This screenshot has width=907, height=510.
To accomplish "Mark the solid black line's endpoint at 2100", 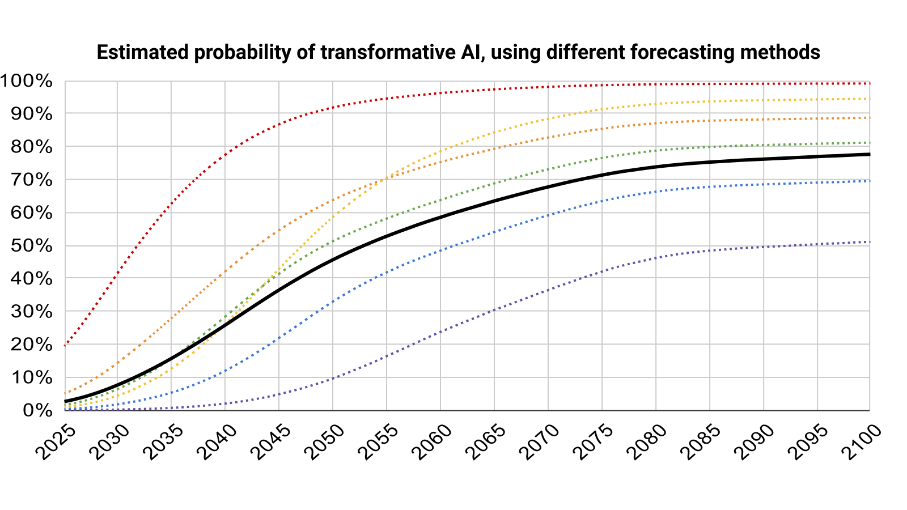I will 869,154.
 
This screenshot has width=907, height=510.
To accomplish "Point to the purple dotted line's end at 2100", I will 869,242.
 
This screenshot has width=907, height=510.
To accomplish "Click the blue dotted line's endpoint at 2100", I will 869,181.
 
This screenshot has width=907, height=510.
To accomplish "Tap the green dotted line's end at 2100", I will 869,142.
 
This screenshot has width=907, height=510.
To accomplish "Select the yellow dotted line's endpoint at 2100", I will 869,99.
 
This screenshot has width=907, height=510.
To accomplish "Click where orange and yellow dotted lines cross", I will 386,178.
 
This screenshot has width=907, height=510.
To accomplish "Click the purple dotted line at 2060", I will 440,331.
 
